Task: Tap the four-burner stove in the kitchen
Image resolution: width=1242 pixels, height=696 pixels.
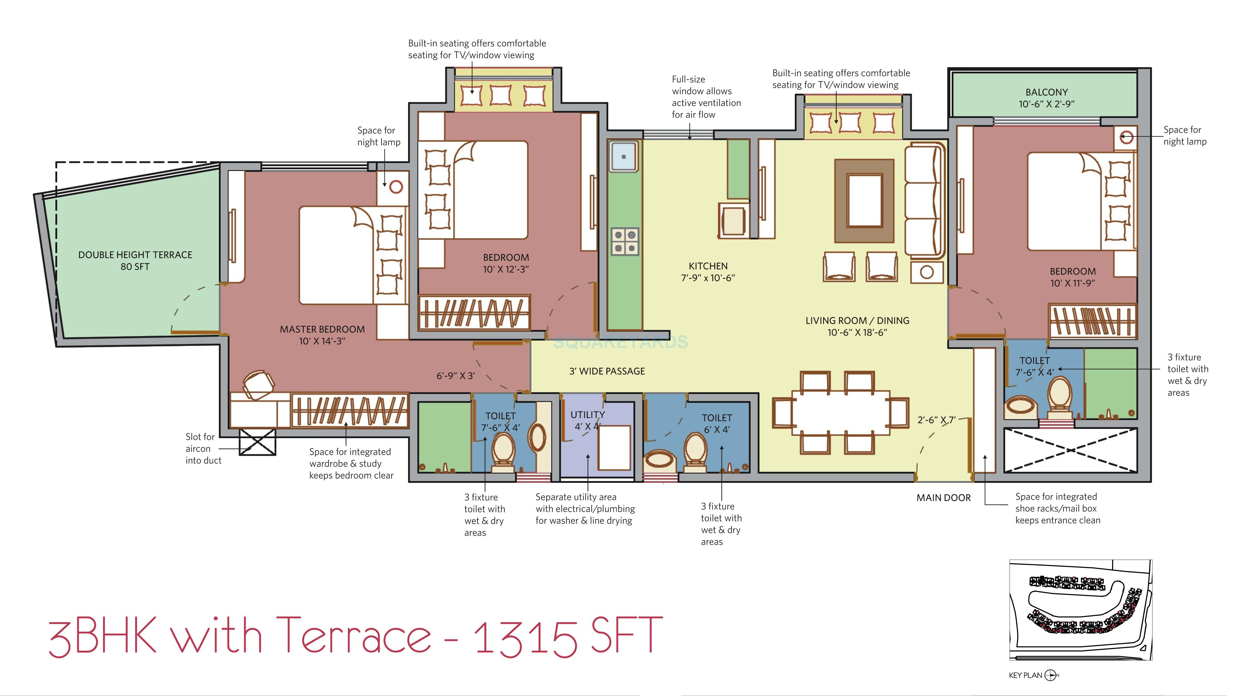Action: pyautogui.click(x=625, y=241)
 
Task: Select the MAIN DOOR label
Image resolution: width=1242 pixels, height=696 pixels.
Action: pyautogui.click(x=943, y=498)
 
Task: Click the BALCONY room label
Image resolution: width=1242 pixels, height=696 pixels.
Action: pyautogui.click(x=1046, y=98)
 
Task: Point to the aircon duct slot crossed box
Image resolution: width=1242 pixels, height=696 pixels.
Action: pyautogui.click(x=257, y=442)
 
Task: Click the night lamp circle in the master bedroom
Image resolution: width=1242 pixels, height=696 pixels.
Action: pyautogui.click(x=396, y=187)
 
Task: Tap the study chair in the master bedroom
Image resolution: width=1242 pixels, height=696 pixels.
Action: pyautogui.click(x=258, y=385)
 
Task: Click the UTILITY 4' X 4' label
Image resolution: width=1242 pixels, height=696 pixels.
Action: pyautogui.click(x=587, y=420)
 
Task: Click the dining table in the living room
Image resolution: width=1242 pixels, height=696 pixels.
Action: pyautogui.click(x=840, y=412)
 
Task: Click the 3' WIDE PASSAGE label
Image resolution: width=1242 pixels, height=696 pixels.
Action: pyautogui.click(x=607, y=371)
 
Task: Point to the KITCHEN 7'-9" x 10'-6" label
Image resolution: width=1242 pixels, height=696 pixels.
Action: pyautogui.click(x=708, y=272)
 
